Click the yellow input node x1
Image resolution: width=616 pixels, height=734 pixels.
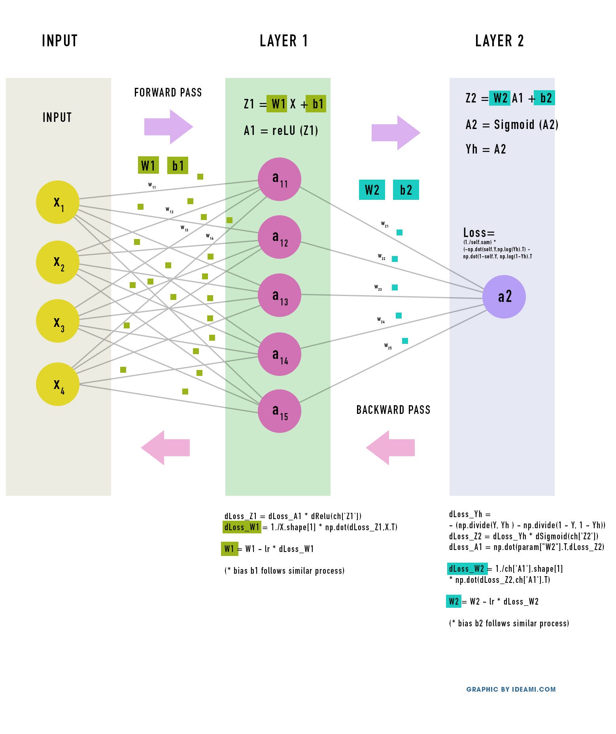click(58, 202)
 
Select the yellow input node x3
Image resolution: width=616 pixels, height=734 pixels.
click(58, 321)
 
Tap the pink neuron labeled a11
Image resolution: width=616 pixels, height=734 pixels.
click(279, 179)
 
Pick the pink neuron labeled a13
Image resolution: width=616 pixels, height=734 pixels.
click(279, 295)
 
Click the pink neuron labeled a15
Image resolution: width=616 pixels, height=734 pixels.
click(279, 411)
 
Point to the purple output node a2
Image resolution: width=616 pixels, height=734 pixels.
click(504, 297)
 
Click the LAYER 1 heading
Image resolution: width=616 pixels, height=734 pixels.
click(283, 41)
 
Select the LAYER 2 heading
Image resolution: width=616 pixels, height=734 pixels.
click(499, 41)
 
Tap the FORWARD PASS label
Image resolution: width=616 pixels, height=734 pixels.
click(168, 93)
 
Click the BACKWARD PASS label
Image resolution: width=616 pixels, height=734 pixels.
click(393, 410)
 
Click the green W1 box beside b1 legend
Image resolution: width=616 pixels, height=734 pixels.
click(148, 165)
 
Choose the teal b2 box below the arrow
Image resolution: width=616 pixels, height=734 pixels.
click(406, 190)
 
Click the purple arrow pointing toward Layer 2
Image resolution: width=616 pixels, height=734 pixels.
click(395, 133)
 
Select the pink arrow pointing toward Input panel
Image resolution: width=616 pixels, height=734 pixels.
click(165, 448)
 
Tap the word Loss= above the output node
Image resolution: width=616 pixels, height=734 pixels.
click(479, 233)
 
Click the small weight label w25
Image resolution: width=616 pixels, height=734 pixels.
click(388, 346)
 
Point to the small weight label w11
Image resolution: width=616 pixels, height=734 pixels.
click(152, 185)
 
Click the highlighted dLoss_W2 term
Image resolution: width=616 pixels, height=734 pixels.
click(467, 569)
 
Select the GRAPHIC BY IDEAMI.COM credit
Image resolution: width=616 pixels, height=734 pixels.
click(510, 689)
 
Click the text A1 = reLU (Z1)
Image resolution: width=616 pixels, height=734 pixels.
click(281, 131)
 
